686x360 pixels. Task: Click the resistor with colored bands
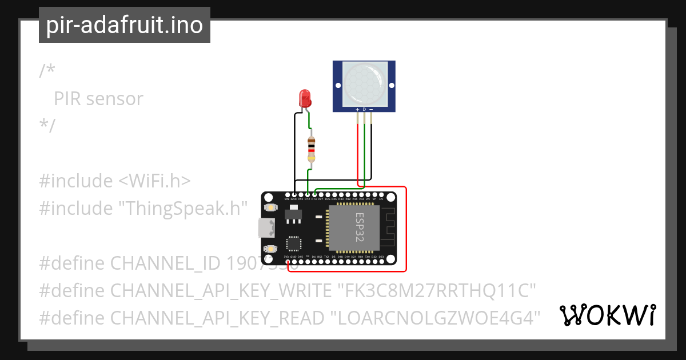pyautogui.click(x=311, y=150)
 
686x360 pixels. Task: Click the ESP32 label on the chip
pyautogui.click(x=360, y=227)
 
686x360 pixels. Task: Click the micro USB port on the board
pyautogui.click(x=265, y=228)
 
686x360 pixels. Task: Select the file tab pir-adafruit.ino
pyautogui.click(x=124, y=26)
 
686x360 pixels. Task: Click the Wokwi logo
pyautogui.click(x=608, y=315)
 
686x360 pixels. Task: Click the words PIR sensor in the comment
pyautogui.click(x=98, y=99)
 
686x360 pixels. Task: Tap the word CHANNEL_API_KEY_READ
pyautogui.click(x=216, y=318)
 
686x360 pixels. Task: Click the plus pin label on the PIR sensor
pyautogui.click(x=358, y=109)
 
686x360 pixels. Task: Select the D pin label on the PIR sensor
pyautogui.click(x=364, y=109)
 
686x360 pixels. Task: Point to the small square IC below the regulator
pyautogui.click(x=294, y=243)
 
